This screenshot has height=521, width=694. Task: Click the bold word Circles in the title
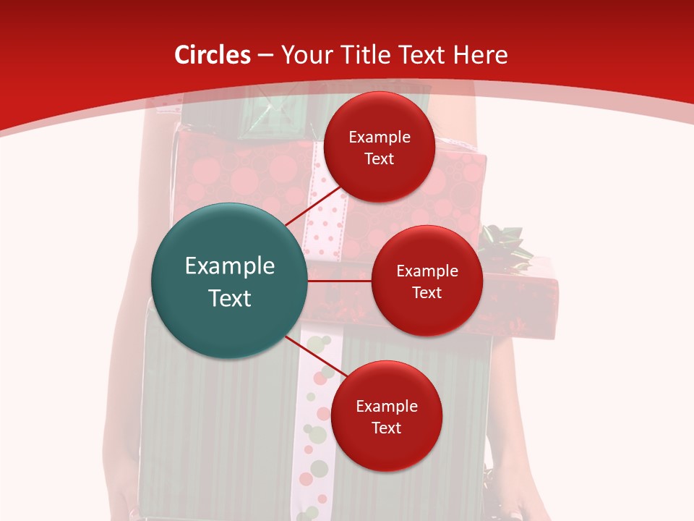point(213,55)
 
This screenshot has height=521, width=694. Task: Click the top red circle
point(380,147)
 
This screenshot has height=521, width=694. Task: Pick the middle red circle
point(427,281)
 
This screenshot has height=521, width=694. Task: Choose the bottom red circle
point(386,416)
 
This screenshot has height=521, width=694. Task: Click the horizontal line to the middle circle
point(340,281)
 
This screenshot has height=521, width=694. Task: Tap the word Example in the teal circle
point(230,266)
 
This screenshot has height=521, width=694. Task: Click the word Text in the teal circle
point(230,298)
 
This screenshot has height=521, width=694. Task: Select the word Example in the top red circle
point(380,137)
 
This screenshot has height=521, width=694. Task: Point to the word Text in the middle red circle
point(427,292)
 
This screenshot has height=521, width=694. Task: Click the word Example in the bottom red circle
point(386,406)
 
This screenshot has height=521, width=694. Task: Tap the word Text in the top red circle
point(380,158)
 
